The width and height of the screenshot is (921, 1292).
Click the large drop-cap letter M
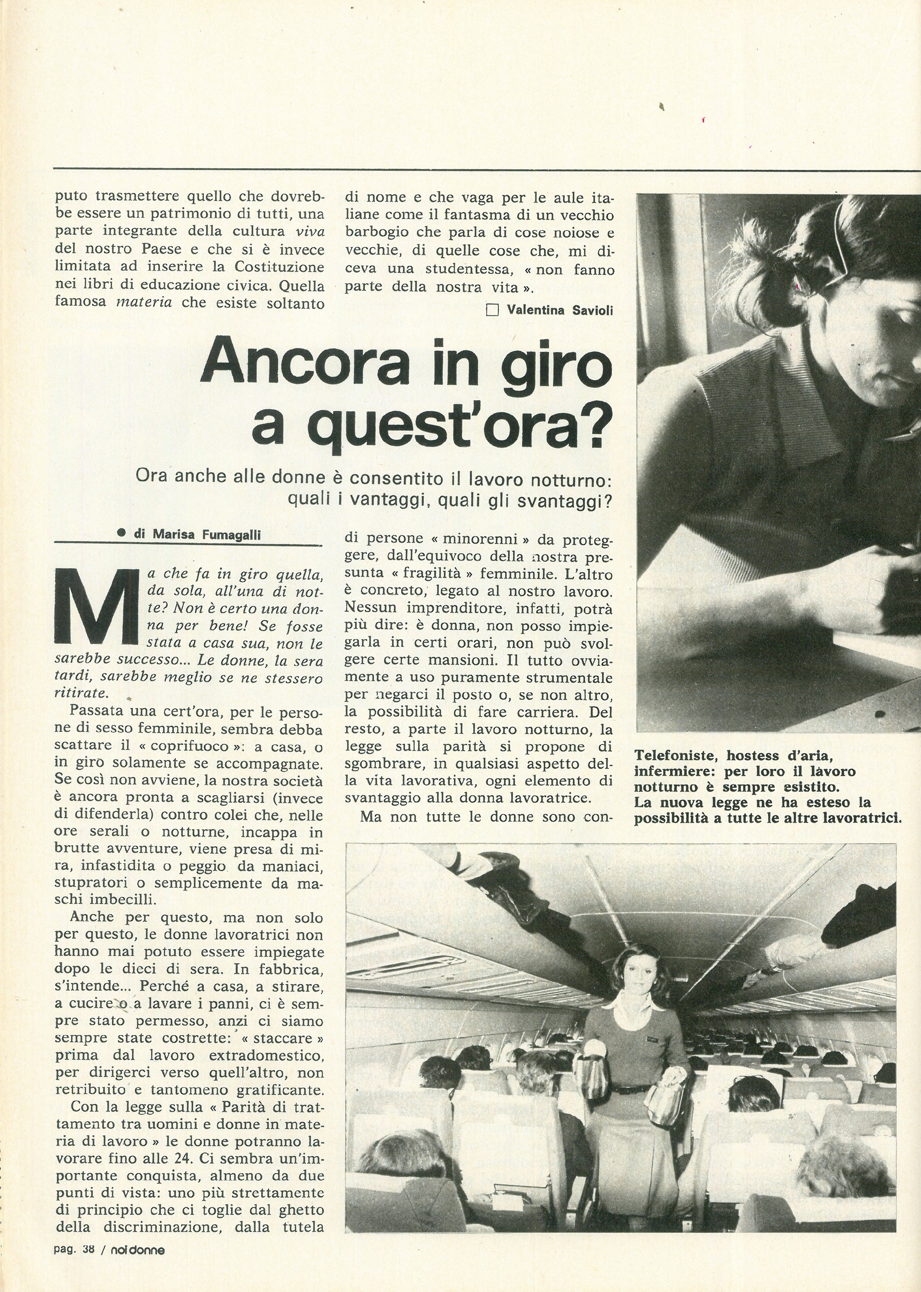(x=97, y=605)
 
